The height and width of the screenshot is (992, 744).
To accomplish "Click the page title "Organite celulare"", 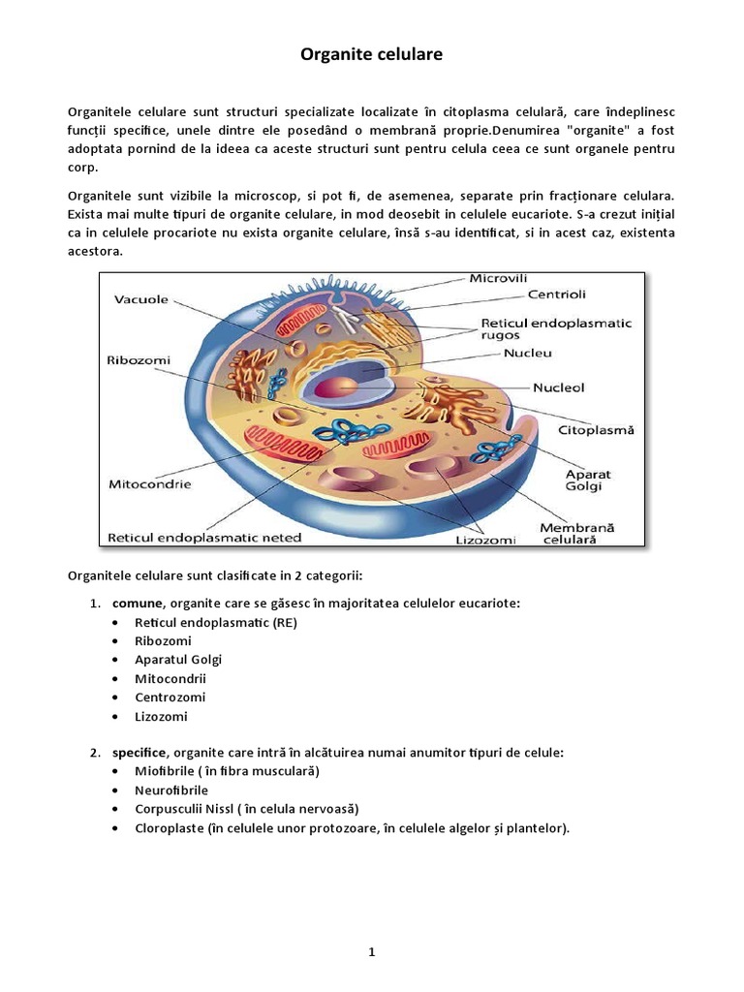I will coord(371,55).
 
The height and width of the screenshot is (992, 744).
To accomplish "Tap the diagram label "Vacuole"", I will coord(142,300).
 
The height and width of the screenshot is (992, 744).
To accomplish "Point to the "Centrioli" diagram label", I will coord(556,294).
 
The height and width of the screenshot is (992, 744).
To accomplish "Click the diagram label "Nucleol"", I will coord(558,387).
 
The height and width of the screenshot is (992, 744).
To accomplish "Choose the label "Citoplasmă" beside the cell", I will coord(596,429).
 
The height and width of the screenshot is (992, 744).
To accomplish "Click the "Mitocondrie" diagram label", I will coord(148,483).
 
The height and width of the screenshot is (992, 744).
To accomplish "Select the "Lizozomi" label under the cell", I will coord(485,540).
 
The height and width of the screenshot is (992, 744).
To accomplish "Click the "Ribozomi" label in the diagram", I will coord(138,359).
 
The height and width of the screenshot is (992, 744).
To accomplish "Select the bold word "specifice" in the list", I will coord(139,753).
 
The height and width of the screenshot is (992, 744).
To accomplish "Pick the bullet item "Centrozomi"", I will coord(170,697).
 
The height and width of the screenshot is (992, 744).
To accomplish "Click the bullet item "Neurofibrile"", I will coord(171,790).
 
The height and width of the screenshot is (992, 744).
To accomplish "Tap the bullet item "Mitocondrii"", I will coord(170,679).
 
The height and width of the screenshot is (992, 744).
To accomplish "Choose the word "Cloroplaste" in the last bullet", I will coord(170,828).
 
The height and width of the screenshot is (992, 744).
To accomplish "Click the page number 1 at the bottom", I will coord(371,925).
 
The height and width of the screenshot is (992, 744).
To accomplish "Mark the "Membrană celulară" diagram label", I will coord(576,534).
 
